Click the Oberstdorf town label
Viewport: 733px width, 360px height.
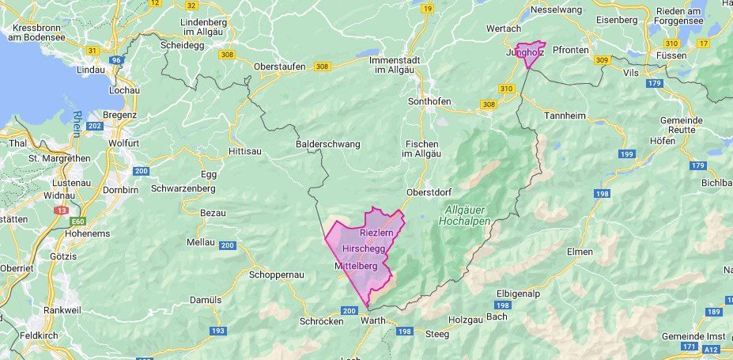428,192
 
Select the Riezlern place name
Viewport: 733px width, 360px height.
376,234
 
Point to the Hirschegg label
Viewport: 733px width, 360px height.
364,248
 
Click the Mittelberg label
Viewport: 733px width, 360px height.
357,266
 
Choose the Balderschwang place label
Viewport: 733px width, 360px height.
327,144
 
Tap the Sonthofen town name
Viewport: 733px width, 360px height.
429,102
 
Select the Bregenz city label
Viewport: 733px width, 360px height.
120,115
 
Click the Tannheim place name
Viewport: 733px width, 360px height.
565,116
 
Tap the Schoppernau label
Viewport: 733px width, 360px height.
277,274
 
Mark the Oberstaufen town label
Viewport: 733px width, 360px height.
279,66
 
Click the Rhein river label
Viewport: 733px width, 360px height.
77,124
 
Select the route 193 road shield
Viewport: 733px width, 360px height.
218,330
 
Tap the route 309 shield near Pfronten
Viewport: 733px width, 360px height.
602,60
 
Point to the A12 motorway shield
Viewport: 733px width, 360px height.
712,348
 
